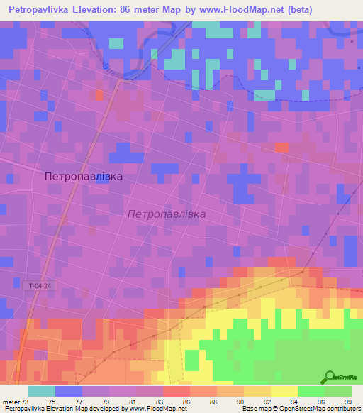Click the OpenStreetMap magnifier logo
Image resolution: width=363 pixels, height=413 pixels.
330,377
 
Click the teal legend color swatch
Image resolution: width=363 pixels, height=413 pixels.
42,391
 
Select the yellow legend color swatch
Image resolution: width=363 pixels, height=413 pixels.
284,391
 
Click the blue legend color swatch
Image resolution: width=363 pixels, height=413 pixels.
69,391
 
